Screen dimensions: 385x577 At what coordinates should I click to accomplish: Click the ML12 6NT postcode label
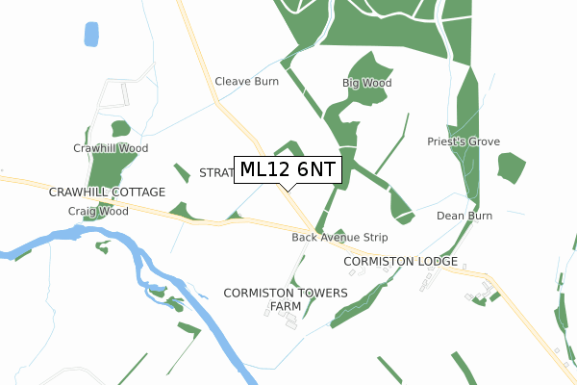(x=288, y=169)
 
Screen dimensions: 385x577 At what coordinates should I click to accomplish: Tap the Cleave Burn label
(x=246, y=82)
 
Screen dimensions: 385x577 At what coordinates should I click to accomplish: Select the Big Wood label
(x=367, y=84)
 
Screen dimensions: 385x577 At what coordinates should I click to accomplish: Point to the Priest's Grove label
(x=464, y=141)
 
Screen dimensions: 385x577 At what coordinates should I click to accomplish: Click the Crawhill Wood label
(x=111, y=148)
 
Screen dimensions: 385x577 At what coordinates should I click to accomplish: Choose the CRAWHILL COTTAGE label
(x=101, y=192)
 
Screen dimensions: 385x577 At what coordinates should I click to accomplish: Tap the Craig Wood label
(x=98, y=211)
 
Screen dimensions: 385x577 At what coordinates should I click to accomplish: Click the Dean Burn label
(x=464, y=216)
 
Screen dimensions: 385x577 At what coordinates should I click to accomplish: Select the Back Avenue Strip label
(x=339, y=237)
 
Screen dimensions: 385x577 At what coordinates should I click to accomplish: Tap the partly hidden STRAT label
(x=216, y=172)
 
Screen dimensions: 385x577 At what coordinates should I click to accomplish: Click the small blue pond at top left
(x=91, y=35)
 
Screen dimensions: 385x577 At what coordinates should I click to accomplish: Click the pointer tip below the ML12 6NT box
(x=288, y=190)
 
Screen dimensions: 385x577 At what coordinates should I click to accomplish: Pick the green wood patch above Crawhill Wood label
(x=120, y=129)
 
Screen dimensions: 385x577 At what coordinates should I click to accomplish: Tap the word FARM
(x=286, y=306)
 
